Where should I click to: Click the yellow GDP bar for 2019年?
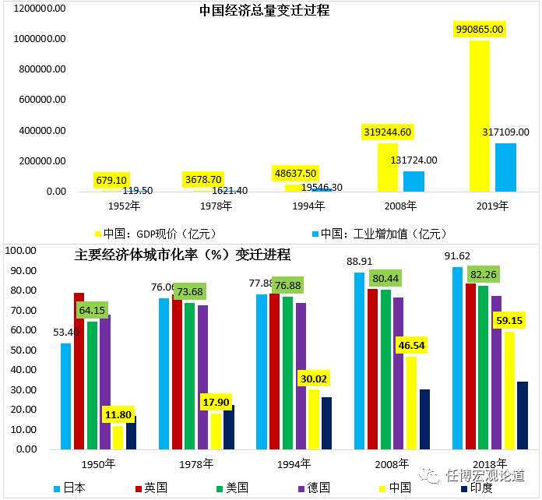pos(480,117)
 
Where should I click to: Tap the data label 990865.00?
pos(479,29)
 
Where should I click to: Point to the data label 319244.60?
pos(388,132)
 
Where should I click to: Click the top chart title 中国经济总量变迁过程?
pos(264,11)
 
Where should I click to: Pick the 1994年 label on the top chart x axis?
pos(308,206)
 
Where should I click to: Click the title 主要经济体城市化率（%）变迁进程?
pos(182,255)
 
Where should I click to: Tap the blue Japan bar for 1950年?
pos(65,396)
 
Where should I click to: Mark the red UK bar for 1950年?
pos(79,371)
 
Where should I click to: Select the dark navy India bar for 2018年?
pos(523,415)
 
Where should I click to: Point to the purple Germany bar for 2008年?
pos(398,373)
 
